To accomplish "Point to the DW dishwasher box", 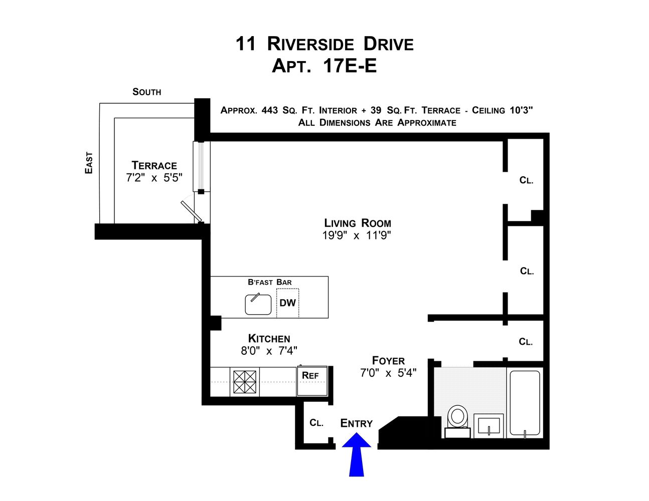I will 287,303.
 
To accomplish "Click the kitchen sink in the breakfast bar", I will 258,305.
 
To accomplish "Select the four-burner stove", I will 245,382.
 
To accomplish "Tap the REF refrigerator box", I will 311,381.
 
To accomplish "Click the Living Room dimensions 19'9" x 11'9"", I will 357,235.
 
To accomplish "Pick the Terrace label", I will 154,165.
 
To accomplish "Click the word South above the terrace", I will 146,92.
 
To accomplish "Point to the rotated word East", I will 89,163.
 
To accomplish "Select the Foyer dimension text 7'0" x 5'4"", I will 388,373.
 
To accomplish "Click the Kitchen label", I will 269,339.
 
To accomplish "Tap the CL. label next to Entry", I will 316,423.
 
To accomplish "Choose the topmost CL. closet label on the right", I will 526,180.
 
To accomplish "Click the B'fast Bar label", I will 269,283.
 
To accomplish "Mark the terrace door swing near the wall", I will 192,210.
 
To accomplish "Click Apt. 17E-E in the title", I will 324,66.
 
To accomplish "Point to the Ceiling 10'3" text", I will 502,111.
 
